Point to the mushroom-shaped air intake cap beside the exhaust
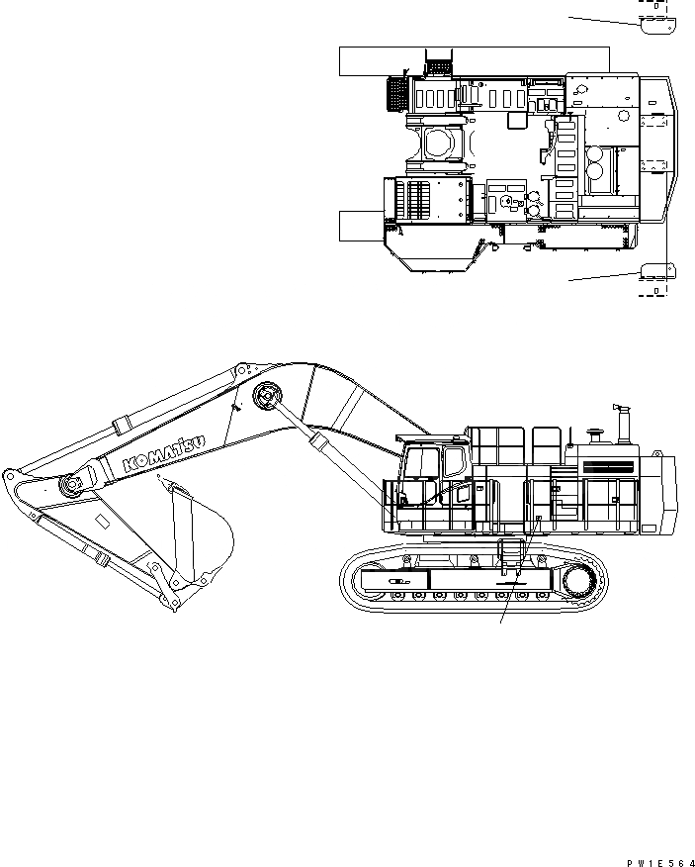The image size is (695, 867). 595,433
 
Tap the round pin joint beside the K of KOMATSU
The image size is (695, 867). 69,485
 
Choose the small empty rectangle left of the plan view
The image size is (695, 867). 359,226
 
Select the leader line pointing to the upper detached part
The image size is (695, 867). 601,18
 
